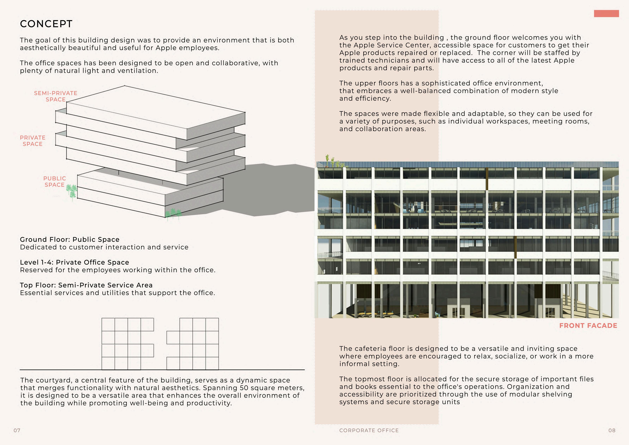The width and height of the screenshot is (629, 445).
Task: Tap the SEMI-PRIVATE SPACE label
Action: (56, 96)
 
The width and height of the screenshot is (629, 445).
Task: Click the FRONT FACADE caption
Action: (588, 326)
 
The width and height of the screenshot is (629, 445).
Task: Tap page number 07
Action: (17, 430)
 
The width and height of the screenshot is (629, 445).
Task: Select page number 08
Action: (612, 430)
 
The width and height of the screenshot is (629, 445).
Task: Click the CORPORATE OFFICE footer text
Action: (369, 430)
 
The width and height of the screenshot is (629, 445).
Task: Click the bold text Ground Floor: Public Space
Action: (70, 240)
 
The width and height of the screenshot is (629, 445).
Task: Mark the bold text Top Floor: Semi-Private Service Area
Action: (86, 285)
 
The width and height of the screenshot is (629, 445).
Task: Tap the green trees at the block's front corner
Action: (173, 214)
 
